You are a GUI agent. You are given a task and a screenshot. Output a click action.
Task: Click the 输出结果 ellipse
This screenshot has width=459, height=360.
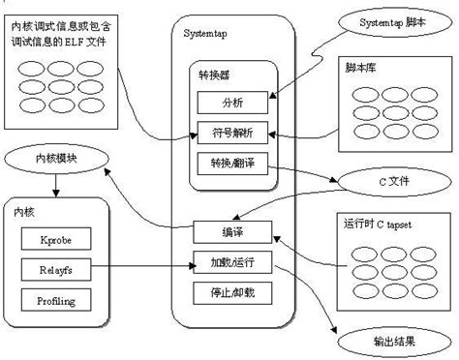coord(388,341)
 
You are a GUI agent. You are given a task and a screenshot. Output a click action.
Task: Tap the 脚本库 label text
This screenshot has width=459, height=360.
coord(363,70)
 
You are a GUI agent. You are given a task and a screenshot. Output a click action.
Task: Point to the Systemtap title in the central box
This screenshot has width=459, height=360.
coord(206,35)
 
